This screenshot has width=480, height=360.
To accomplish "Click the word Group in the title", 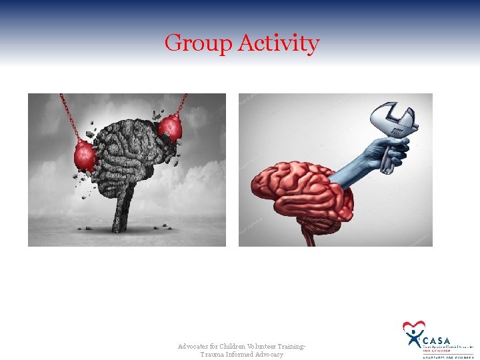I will point(198,43).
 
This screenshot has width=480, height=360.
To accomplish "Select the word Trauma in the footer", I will point(212,355).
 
